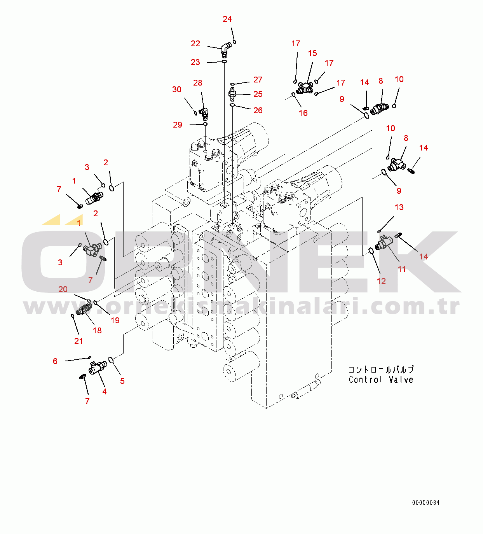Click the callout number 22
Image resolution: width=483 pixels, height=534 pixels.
pos(195,44)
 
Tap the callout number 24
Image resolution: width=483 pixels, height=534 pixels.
pos(227,19)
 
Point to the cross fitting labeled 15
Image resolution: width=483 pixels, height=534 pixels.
pos(305,88)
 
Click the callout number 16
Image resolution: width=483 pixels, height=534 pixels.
pos(303,113)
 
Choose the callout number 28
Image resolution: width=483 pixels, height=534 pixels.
pos(198,83)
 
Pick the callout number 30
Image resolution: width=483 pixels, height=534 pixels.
pos(177,89)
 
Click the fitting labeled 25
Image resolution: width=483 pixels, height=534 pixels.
pos(232,94)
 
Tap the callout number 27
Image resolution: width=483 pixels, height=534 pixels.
pos(258,80)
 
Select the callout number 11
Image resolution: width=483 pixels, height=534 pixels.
pos(402,269)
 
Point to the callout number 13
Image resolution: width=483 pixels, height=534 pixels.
pos(399,207)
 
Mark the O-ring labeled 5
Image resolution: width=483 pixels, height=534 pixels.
pos(111,360)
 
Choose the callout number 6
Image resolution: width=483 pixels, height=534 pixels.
pos(55,361)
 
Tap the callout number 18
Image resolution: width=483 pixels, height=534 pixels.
pos(97,331)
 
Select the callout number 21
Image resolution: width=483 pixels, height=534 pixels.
pos(78,341)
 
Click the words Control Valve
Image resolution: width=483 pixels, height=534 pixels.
pos(381,380)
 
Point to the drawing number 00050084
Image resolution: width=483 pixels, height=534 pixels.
pos(426,503)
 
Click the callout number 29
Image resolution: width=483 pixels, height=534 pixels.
pos(178,125)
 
